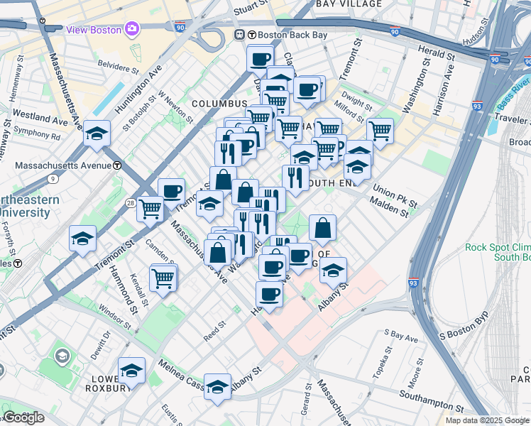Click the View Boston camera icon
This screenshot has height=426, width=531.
(132, 29)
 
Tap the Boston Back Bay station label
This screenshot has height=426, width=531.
(285, 33)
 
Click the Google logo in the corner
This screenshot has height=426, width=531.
(23, 417)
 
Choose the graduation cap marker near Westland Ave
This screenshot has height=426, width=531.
(97, 133)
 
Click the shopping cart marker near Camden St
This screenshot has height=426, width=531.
(150, 208)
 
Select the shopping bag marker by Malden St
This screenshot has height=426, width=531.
(322, 228)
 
